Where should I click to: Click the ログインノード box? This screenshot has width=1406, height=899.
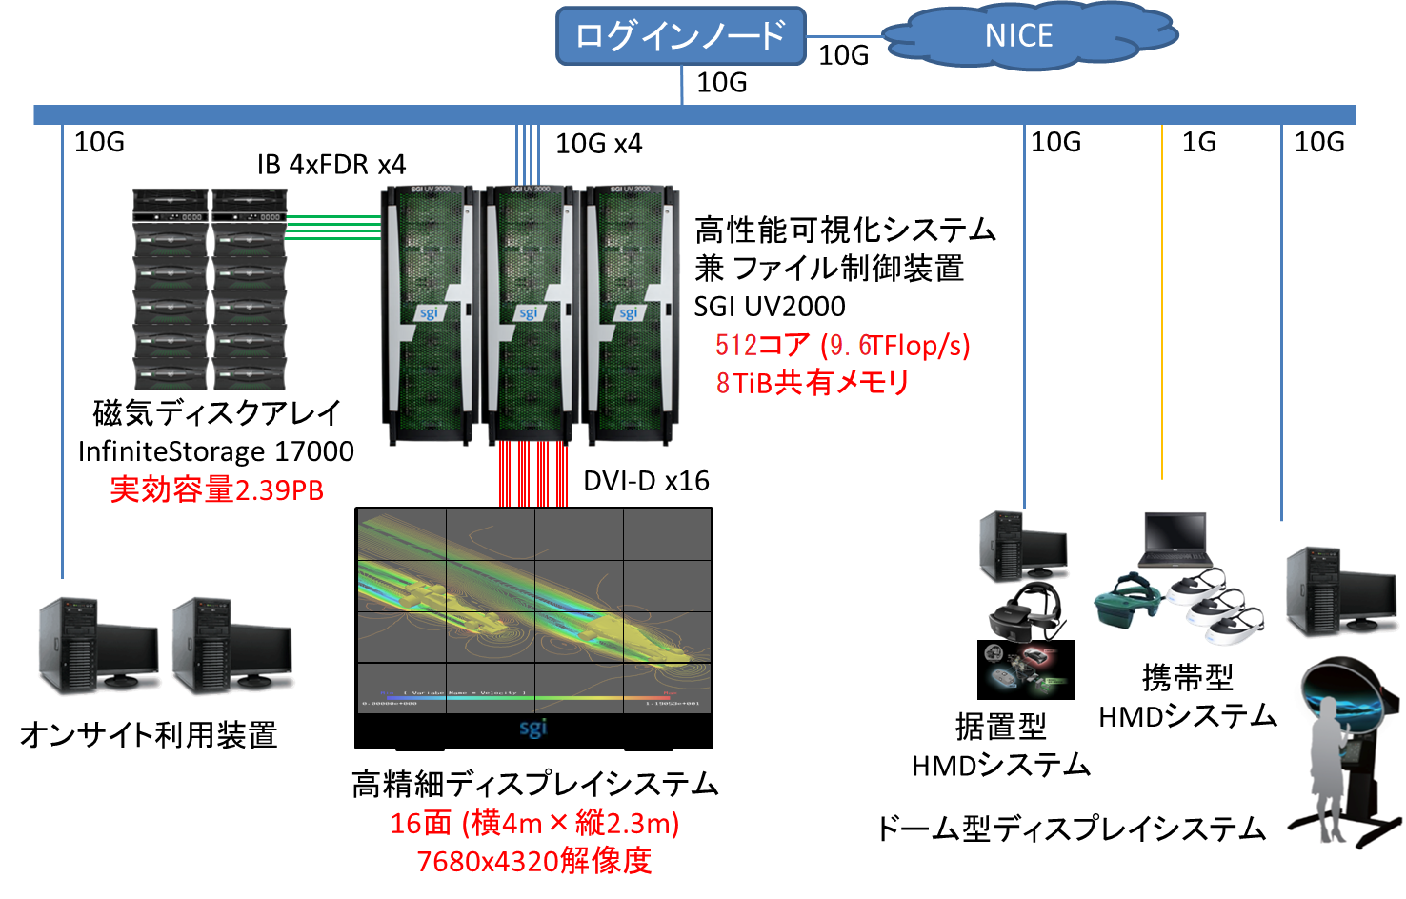pyautogui.click(x=680, y=36)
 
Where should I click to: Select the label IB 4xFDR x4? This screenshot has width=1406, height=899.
pyautogui.click(x=331, y=165)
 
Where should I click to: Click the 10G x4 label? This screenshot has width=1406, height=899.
pyautogui.click(x=598, y=144)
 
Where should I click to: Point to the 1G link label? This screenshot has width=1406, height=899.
pyautogui.click(x=1198, y=142)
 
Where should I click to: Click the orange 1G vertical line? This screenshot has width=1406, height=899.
pyautogui.click(x=1162, y=305)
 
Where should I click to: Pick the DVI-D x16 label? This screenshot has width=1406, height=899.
pyautogui.click(x=646, y=481)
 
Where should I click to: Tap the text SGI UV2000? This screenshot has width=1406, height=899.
pyautogui.click(x=770, y=307)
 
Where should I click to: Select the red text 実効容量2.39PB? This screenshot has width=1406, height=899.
pyautogui.click(x=216, y=489)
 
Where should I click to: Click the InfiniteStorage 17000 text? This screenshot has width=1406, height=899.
pyautogui.click(x=216, y=451)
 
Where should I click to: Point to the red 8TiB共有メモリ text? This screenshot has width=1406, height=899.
pyautogui.click(x=813, y=383)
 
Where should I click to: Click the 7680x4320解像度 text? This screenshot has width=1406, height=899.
pyautogui.click(x=534, y=861)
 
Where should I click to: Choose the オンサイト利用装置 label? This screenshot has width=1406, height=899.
pyautogui.click(x=149, y=735)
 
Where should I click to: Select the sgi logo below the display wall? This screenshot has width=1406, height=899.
pyautogui.click(x=533, y=729)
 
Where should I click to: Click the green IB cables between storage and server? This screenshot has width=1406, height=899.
pyautogui.click(x=333, y=227)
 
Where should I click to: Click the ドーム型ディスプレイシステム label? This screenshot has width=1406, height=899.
pyautogui.click(x=1071, y=829)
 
